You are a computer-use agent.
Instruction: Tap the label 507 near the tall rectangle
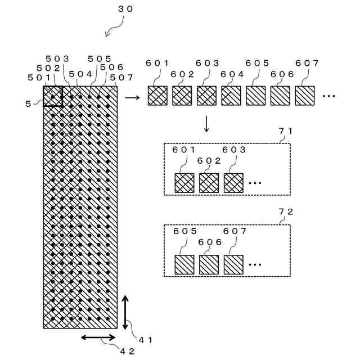(x=121, y=77)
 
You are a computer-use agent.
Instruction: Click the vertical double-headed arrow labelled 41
(x=125, y=312)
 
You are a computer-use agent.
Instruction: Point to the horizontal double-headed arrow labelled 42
(x=99, y=337)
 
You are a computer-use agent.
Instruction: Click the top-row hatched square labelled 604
(x=231, y=96)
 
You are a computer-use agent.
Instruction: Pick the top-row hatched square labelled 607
(x=305, y=96)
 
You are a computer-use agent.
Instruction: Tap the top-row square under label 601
(x=157, y=96)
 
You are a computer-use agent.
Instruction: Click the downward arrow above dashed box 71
(x=206, y=124)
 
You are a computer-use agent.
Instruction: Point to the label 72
(x=286, y=212)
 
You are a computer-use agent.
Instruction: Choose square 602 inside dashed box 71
(x=209, y=183)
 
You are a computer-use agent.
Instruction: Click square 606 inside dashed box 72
(x=209, y=264)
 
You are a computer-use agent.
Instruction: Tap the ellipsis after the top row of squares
(x=329, y=96)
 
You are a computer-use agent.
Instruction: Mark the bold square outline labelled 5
(x=52, y=96)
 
